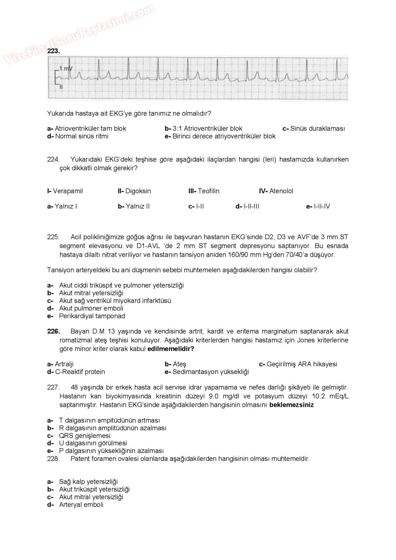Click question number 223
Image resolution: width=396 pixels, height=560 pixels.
point(54,51)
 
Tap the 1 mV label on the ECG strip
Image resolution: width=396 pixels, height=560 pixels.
point(66,68)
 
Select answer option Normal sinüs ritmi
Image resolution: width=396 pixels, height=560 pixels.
point(82,136)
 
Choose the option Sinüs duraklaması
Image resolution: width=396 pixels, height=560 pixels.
point(317,129)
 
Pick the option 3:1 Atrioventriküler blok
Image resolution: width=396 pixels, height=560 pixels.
point(207,129)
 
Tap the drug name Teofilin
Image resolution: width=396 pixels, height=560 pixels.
point(209,191)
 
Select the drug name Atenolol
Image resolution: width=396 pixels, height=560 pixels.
point(281,191)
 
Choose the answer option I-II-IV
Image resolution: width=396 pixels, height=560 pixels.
point(322,207)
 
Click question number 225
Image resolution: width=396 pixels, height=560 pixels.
point(53,237)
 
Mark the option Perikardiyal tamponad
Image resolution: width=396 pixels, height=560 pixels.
point(92,316)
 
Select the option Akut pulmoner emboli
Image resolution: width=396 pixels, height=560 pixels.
point(91,308)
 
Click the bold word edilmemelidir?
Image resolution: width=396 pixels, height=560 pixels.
point(171,349)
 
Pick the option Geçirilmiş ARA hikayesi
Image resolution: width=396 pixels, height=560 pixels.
point(302,364)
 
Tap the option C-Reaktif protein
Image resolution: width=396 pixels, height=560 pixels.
point(80,372)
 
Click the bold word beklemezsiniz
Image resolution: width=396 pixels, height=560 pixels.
point(292,405)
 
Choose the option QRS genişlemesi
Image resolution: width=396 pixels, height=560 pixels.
point(85,436)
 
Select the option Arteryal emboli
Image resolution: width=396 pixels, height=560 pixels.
point(81,505)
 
